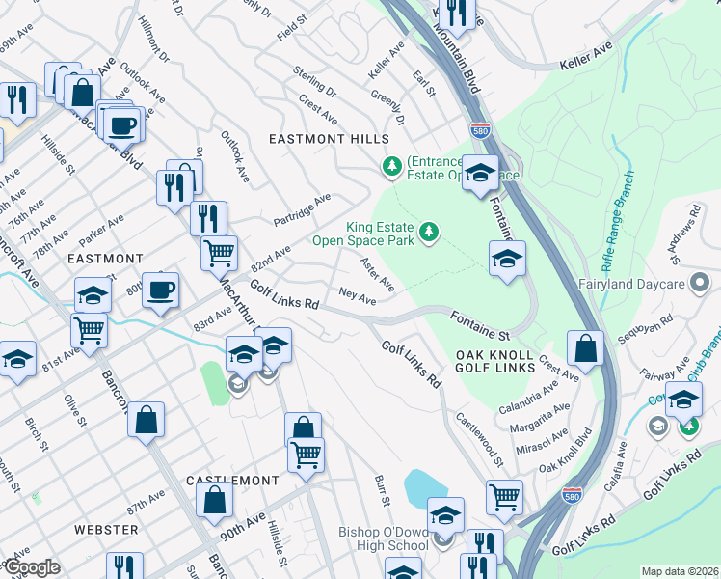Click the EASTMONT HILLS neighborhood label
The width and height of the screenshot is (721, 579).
click(x=329, y=139)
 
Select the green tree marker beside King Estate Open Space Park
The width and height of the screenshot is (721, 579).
click(x=429, y=232)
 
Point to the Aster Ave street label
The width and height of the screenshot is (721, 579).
click(x=377, y=275)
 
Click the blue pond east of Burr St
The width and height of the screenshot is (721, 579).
click(x=423, y=486)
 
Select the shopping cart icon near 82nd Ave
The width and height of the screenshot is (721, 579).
click(x=220, y=253)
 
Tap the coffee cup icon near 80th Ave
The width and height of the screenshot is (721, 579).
click(x=161, y=289)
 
